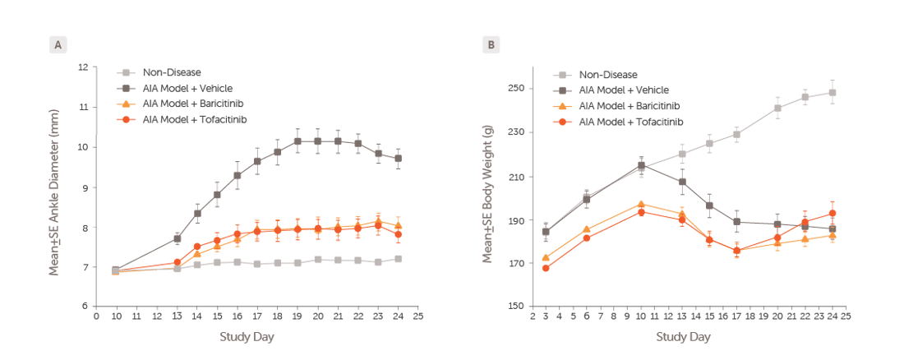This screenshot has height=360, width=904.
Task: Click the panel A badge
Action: pyautogui.click(x=58, y=45)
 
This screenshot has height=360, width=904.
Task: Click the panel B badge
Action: pyautogui.click(x=491, y=45)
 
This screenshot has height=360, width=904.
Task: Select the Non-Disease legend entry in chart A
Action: pyautogui.click(x=172, y=72)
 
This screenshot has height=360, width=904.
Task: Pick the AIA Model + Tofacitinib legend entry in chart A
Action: pyautogui.click(x=194, y=119)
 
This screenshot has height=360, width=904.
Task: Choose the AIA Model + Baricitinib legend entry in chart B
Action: pyautogui.click(x=630, y=105)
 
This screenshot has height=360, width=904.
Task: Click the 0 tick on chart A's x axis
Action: pyautogui.click(x=96, y=316)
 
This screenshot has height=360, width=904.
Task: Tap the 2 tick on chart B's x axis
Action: pyautogui.click(x=533, y=316)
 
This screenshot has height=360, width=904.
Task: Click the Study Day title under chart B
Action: pyautogui.click(x=682, y=337)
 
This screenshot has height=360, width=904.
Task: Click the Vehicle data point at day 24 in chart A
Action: pyautogui.click(x=398, y=159)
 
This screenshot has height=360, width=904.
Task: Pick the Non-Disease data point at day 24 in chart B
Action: pyautogui.click(x=833, y=93)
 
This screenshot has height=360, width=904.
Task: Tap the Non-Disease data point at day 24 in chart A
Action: pyautogui.click(x=398, y=259)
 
